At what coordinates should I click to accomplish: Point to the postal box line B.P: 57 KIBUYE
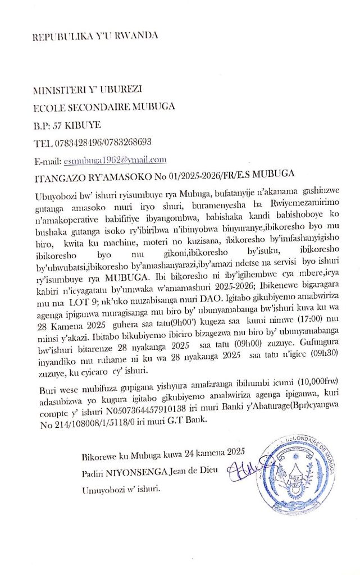coord(67,124)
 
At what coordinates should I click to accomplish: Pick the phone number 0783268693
coord(128,142)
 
